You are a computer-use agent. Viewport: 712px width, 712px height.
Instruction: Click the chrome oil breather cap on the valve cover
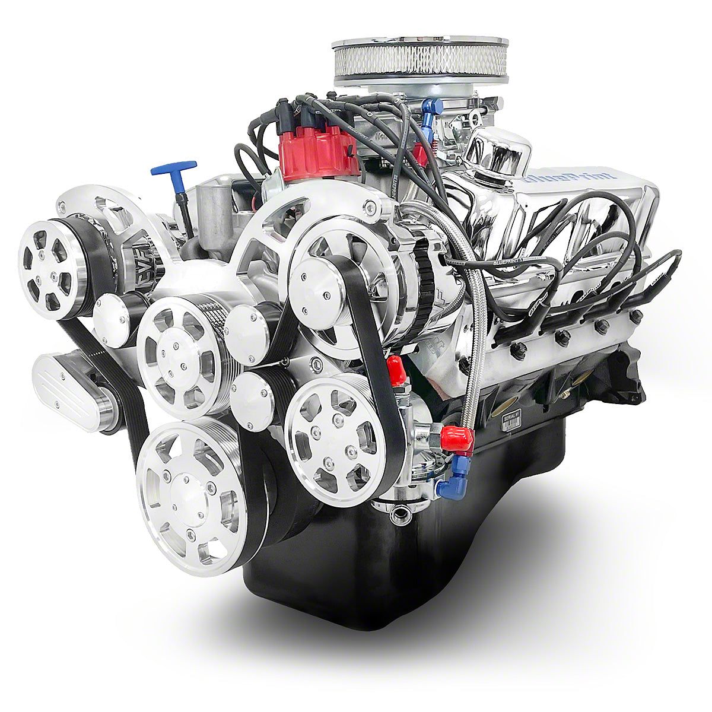497,144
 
